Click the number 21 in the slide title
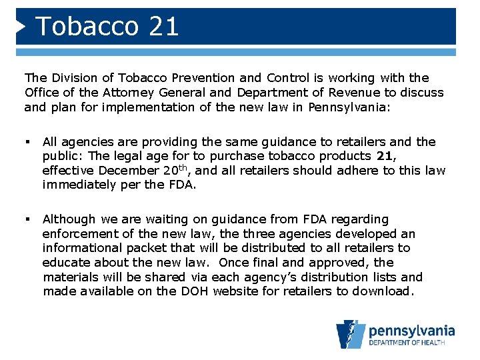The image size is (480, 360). pos(165,27)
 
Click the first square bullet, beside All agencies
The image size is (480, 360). pos(27,142)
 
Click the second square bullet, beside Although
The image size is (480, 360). pos(27,219)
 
